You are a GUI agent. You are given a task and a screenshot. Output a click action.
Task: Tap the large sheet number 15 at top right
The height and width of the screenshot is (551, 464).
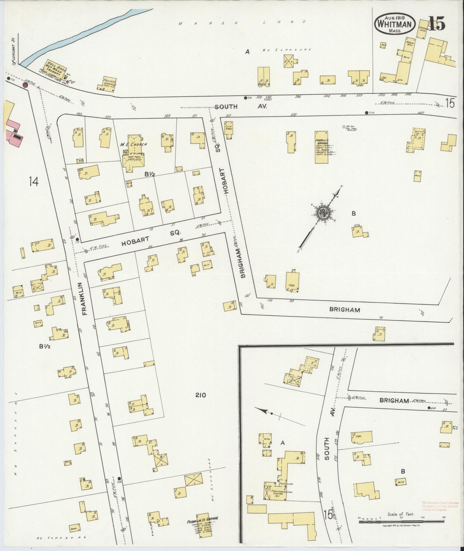(x=437, y=24)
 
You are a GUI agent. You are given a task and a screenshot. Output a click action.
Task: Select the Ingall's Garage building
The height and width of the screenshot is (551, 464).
(x=321, y=147)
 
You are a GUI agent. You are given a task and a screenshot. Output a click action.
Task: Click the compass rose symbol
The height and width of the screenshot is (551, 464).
(x=323, y=212)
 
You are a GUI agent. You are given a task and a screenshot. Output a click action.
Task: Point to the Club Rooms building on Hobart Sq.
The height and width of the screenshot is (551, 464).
(x=228, y=130)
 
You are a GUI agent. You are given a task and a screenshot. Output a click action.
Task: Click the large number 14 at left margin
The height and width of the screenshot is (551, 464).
(x=33, y=182)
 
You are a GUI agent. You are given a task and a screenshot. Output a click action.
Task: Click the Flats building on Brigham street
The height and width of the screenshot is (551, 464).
(x=292, y=282)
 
